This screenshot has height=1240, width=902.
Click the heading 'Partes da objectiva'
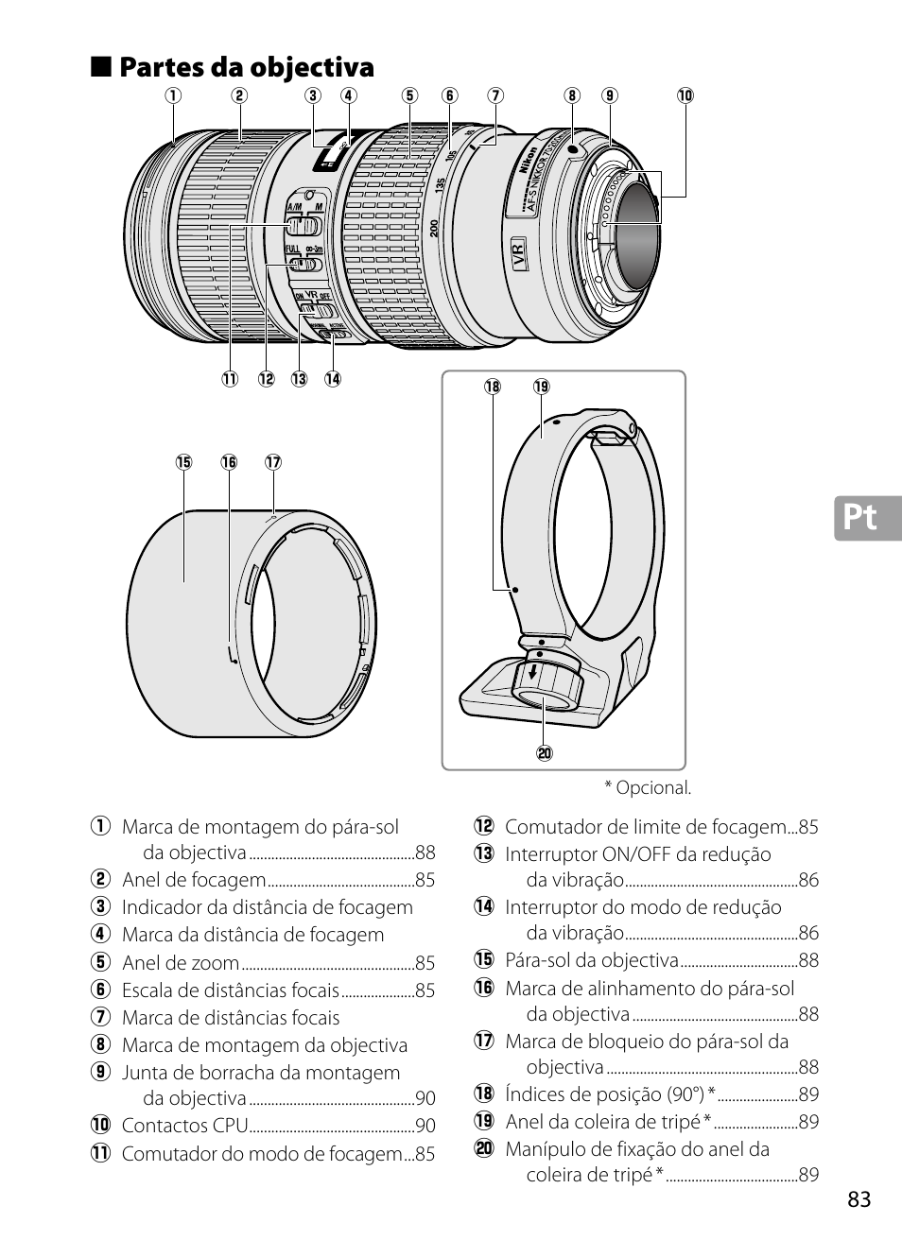point(247,67)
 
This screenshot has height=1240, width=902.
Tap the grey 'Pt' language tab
point(866,517)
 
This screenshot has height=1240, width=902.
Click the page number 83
point(859,1199)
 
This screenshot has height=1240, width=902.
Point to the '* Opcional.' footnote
point(648,787)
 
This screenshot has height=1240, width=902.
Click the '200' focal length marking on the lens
point(434,228)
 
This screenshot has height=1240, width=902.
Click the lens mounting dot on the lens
point(573,148)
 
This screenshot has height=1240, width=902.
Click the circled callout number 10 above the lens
point(685,95)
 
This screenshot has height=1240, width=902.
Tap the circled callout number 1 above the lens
point(173,95)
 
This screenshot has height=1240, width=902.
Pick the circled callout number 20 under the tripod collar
point(545,753)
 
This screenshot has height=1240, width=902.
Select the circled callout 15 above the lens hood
point(183,462)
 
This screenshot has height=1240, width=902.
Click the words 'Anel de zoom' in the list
point(181,963)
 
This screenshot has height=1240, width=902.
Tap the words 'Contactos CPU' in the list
point(184,1126)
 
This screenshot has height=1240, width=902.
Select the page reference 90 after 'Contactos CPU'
point(425,1126)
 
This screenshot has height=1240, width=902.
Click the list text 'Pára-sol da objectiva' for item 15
point(592,960)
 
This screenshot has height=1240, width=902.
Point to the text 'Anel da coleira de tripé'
point(603,1122)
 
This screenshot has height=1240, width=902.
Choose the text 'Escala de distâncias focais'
point(230,990)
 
